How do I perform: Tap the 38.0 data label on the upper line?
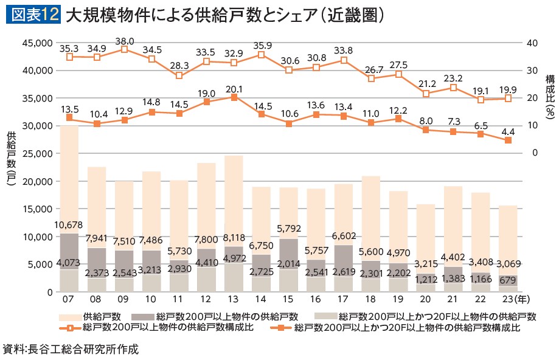125,41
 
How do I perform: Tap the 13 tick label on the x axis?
234,301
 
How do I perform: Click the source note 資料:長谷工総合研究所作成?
71,350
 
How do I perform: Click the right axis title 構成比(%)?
549,96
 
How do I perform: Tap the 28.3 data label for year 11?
179,66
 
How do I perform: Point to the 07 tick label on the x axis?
69,301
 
